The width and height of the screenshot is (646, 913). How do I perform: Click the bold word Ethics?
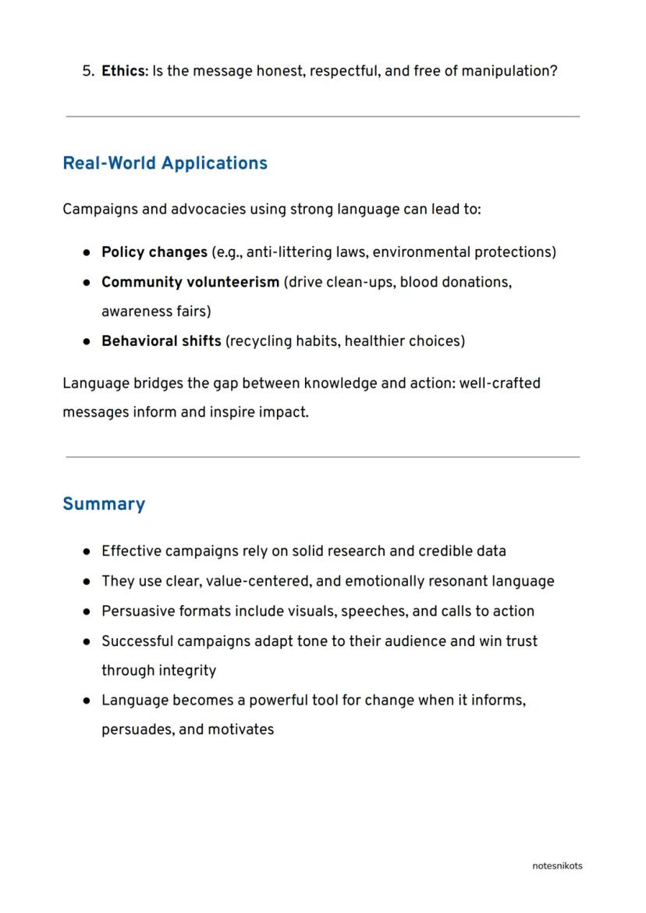tap(122, 71)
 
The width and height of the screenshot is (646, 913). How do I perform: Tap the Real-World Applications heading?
tap(165, 163)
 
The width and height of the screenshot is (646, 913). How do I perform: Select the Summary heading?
tap(104, 504)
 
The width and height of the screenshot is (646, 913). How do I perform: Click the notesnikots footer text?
tap(557, 865)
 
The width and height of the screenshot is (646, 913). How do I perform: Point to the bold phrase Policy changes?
tap(154, 252)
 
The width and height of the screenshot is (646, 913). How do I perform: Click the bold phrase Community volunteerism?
tap(190, 282)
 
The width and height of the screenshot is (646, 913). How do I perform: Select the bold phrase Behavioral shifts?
tap(161, 341)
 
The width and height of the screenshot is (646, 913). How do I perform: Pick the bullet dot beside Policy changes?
tap(87, 253)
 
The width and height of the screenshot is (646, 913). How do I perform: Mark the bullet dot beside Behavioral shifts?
tap(87, 342)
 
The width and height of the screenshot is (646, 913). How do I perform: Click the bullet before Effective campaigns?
tap(87, 552)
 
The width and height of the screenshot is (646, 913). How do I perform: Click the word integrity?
tap(188, 671)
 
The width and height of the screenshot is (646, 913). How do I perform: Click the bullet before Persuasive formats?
tap(87, 612)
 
